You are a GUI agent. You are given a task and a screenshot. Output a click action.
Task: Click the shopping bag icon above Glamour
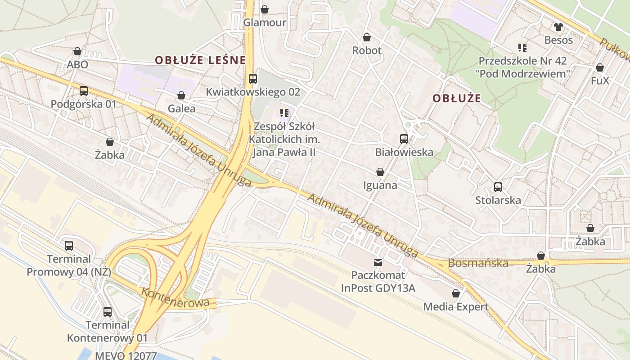tap(265, 9)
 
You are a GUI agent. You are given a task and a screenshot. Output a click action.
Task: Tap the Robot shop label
tap(367, 50)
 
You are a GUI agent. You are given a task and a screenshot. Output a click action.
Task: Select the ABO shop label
tap(77, 64)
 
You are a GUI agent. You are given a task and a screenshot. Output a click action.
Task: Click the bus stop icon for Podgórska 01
tap(84, 91)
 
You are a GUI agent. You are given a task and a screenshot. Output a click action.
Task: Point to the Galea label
tap(181, 108)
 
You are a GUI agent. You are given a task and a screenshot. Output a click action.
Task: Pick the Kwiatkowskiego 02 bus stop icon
tap(253, 79)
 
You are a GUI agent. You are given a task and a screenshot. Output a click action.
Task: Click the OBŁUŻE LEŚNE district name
tap(200, 60)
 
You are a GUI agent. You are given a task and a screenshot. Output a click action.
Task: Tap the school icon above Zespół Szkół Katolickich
tap(284, 112)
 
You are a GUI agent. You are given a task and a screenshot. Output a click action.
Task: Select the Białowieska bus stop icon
tap(404, 139)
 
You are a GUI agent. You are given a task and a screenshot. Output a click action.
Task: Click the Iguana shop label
tap(380, 185)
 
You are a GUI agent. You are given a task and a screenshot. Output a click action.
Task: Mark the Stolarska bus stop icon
tap(498, 187)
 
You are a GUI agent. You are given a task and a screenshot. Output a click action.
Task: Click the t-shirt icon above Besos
tap(558, 27)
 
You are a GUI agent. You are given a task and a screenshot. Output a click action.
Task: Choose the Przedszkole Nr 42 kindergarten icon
tap(522, 47)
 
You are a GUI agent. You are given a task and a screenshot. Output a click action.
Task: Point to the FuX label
tap(600, 81)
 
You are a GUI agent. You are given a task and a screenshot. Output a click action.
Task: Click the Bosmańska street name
tap(478, 263)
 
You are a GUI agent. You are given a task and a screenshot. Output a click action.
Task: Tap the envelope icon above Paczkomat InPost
tap(378, 262)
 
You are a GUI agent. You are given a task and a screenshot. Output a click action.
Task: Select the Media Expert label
tap(456, 307)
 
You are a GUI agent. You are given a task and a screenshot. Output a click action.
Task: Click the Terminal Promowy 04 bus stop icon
tap(69, 246)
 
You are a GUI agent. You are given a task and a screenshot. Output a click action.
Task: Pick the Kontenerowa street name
tap(175, 297)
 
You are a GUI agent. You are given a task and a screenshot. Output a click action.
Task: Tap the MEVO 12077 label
tap(126, 356)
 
